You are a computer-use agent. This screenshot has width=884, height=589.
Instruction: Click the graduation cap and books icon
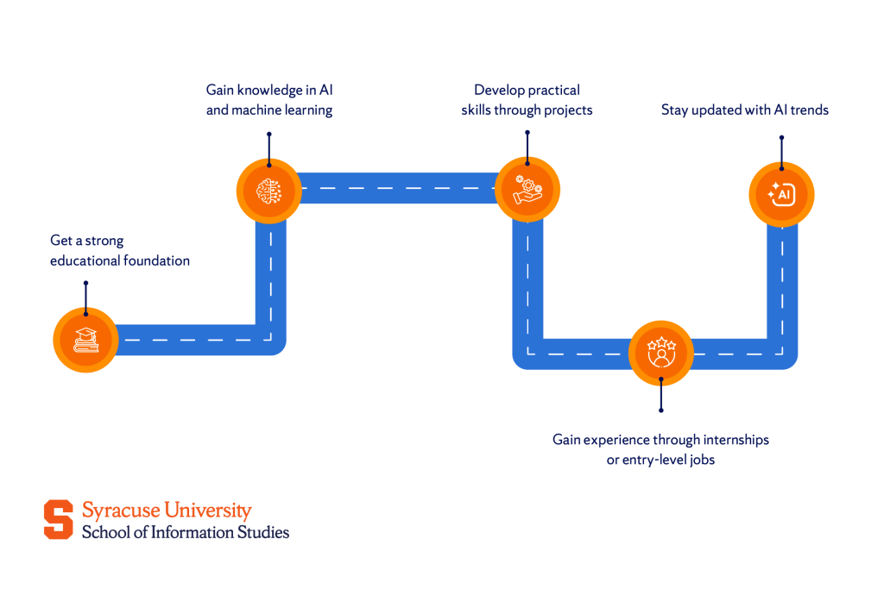pos(85,340)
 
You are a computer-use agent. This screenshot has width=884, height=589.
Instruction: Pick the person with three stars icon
pos(661,352)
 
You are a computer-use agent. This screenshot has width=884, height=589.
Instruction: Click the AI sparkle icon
pos(780,195)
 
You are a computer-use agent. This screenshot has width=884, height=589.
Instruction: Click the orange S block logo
pos(59,519)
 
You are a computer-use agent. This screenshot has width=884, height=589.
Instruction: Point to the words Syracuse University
pos(167,511)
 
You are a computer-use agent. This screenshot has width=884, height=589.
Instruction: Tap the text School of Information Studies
pos(185,532)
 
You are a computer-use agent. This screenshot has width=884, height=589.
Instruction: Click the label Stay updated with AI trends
pos(744,110)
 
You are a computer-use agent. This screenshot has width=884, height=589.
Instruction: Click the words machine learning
pos(281,110)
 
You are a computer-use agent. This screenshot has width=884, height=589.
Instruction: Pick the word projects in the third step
pos(562,110)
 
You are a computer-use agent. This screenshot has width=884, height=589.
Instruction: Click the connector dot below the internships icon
pos(661,410)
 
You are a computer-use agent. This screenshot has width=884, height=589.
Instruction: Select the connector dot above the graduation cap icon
pos(85,283)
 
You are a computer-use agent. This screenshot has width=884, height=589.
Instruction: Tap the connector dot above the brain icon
pos(268,134)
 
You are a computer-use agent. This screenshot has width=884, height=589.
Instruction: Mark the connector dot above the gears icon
pos(527,134)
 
